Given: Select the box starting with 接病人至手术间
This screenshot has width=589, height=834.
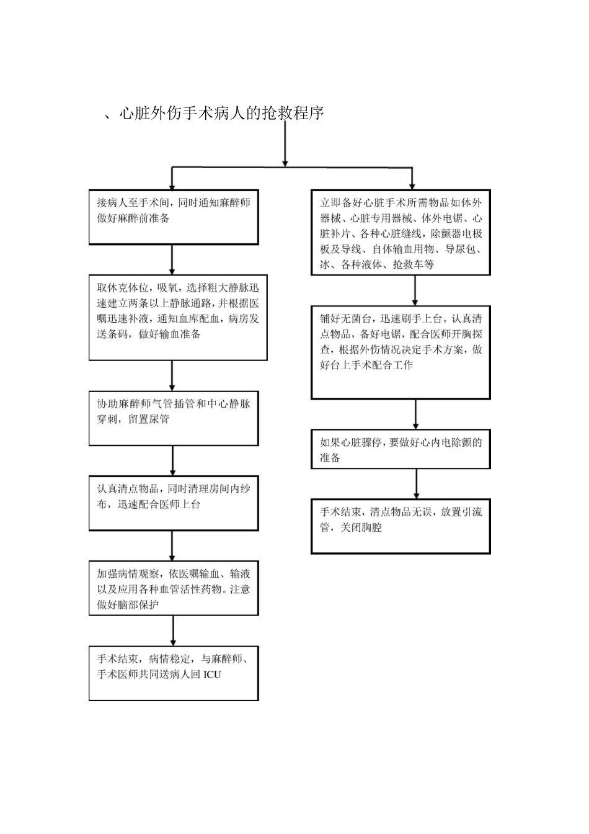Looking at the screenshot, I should pyautogui.click(x=174, y=217).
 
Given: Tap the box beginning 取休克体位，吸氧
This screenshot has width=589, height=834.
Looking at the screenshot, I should pyautogui.click(x=178, y=317).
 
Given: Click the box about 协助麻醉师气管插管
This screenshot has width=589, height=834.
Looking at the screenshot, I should pyautogui.click(x=174, y=418).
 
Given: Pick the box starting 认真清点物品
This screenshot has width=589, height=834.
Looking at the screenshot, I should pyautogui.click(x=174, y=503).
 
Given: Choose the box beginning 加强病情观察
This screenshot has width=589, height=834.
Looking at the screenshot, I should pyautogui.click(x=174, y=588).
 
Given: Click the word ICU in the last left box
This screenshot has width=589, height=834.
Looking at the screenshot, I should pyautogui.click(x=212, y=674).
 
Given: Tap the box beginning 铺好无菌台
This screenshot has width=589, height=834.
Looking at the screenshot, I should pyautogui.click(x=401, y=351).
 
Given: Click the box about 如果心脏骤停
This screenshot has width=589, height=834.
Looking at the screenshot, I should pyautogui.click(x=401, y=449).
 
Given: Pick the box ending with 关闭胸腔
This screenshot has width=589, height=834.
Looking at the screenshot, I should pyautogui.click(x=401, y=526).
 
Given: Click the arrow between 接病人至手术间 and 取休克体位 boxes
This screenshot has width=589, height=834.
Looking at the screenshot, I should pyautogui.click(x=172, y=259).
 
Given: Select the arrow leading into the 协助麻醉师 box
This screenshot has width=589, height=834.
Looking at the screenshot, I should pyautogui.click(x=172, y=375).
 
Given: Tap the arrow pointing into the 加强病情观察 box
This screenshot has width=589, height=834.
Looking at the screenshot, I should pyautogui.click(x=172, y=546).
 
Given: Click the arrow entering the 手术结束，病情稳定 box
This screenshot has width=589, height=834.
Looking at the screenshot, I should pyautogui.click(x=172, y=632).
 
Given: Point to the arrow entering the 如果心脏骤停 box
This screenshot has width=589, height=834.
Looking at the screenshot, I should pyautogui.click(x=415, y=414).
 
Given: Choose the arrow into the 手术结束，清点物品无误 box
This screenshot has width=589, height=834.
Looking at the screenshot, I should pyautogui.click(x=415, y=484).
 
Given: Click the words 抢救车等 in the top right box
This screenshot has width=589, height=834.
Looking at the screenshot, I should pyautogui.click(x=413, y=264).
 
